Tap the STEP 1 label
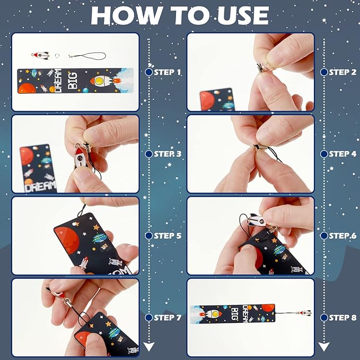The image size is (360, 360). [x=167, y=72]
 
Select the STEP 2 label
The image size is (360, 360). [x=343, y=72]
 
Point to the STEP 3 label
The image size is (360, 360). [x=167, y=154]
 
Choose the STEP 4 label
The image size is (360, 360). [x=343, y=154]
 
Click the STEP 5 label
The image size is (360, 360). [x=167, y=235]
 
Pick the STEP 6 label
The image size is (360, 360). [x=343, y=235]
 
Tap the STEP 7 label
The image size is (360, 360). [x=167, y=318]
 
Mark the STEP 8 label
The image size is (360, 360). [x=343, y=318]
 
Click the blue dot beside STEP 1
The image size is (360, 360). [x=148, y=72]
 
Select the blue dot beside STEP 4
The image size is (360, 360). [x=324, y=154]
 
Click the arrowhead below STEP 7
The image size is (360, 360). [x=149, y=347]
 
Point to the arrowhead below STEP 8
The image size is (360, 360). [x=324, y=347]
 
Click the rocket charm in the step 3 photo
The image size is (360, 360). [x=80, y=158]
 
